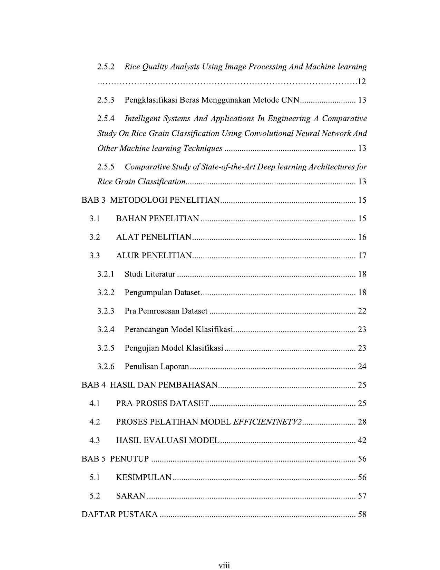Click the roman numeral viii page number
[224, 565]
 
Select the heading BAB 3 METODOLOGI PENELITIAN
[150, 200]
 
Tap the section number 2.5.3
[106, 100]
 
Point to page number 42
[362, 441]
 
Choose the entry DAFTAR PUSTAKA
[119, 514]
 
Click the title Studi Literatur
[150, 274]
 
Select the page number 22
[362, 311]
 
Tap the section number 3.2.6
[106, 366]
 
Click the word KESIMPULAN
[144, 477]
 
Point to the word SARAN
[130, 496]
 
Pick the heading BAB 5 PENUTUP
[115, 459]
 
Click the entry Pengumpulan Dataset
[162, 293]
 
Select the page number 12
[361, 81]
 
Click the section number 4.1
[95, 404]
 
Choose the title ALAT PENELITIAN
[154, 237]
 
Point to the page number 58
[362, 514]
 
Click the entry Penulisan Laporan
[157, 366]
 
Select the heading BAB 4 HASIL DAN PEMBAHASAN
[149, 385]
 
